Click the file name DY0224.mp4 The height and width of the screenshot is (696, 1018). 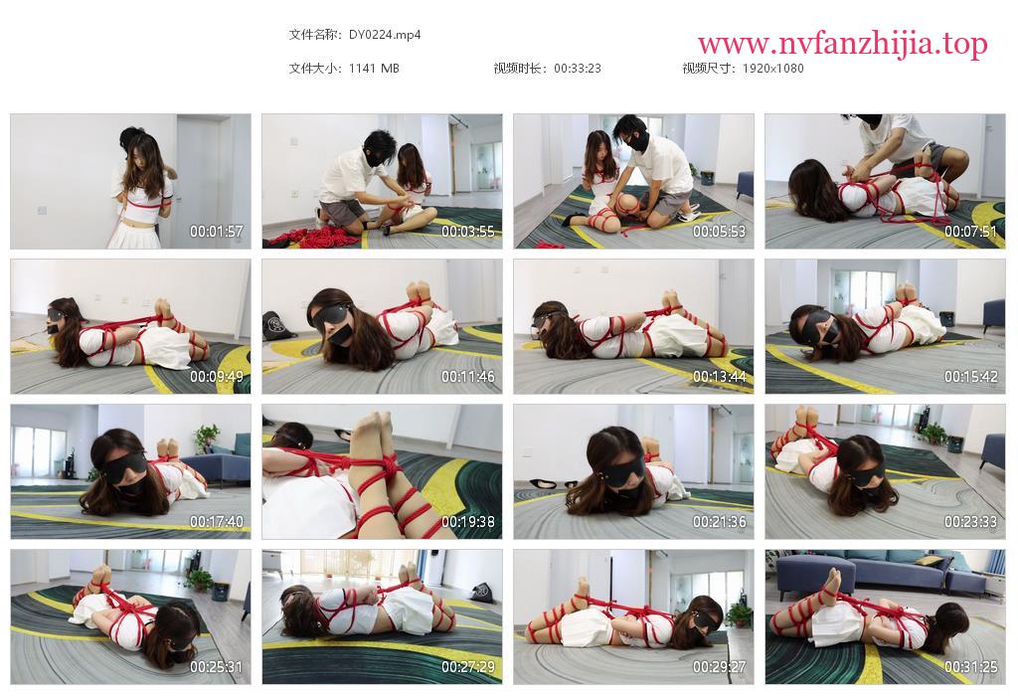tap(385, 35)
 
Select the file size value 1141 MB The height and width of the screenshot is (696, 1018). tap(374, 69)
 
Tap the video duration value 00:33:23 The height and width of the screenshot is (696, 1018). tap(578, 69)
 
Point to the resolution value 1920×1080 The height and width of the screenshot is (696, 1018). tap(772, 69)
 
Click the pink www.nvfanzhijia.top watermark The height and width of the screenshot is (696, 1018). tap(843, 44)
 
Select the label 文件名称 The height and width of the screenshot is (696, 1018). tap(312, 35)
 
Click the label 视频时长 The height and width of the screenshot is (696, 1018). tap(517, 69)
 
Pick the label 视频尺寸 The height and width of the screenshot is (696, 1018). tap(706, 69)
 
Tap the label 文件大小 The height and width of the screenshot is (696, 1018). tap(312, 69)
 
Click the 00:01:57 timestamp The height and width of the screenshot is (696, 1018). tap(216, 231)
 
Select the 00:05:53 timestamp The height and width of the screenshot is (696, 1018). tap(720, 231)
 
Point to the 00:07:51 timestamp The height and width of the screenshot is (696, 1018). tap(970, 231)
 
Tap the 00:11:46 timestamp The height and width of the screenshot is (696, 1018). tap(468, 377)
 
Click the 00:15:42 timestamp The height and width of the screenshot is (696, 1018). tap(970, 377)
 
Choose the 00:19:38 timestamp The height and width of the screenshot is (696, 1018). tap(468, 522)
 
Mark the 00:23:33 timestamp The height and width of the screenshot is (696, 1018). tap(970, 522)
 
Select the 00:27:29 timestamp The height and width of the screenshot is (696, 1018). tap(468, 667)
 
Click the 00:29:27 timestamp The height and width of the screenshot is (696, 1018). tap(720, 667)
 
